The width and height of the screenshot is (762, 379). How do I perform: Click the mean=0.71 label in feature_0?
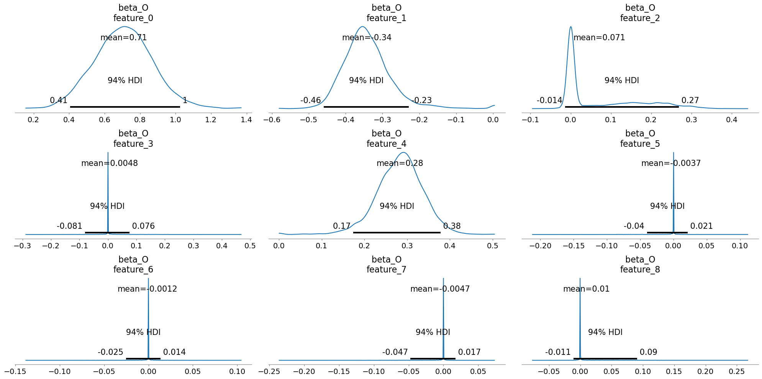pos(123,38)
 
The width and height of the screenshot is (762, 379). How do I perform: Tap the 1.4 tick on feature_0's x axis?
pos(246,120)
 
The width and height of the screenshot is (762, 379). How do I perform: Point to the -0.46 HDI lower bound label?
pos(310,100)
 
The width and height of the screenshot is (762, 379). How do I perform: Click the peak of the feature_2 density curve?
pos(571,27)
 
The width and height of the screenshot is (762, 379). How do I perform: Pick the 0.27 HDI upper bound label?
pos(690,100)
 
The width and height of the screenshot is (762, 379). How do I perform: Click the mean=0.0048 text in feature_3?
pos(110,163)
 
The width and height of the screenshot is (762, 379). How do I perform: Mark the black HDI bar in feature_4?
pos(397,233)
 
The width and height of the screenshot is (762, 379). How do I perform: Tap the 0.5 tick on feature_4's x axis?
pos(493,246)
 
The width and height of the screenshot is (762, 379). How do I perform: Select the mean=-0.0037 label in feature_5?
pos(671,163)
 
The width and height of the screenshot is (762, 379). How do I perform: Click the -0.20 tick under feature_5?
pos(540,246)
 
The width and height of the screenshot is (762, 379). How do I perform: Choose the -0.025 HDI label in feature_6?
pos(110,352)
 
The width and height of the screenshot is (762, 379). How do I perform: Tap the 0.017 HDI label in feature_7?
pos(469,352)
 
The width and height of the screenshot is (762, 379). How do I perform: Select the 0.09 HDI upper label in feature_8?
pos(648,352)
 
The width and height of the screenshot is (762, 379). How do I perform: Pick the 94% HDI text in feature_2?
pos(621,80)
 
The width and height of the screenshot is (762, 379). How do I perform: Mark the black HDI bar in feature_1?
pos(366,107)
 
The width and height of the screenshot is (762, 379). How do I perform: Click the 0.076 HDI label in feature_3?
pos(143,226)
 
